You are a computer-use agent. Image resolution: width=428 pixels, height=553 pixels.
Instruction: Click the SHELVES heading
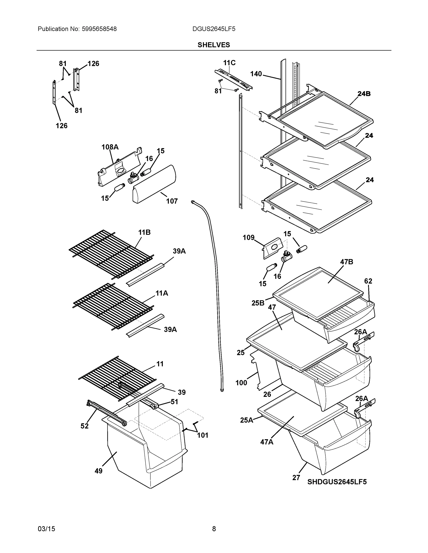pos(214,45)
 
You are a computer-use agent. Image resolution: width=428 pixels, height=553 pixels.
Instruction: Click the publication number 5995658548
pos(99,29)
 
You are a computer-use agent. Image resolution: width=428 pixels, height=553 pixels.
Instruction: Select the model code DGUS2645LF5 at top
pos(214,29)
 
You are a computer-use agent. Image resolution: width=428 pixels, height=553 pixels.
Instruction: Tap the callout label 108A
pos(110,147)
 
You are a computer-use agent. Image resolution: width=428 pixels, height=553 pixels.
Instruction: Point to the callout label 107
pos(172,201)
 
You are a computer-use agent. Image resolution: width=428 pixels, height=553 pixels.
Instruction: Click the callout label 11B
pos(144,232)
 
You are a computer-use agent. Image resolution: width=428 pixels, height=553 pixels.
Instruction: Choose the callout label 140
pos(256,74)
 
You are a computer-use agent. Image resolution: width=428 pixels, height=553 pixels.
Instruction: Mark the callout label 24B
pos(364,94)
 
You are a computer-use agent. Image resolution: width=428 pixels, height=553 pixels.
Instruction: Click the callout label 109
pos(248,238)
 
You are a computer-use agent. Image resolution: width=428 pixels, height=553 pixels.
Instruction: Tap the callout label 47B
pos(347,262)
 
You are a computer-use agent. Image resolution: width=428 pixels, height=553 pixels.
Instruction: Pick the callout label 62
pos(368,281)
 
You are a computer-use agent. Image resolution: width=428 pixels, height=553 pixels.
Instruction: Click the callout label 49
pos(98,471)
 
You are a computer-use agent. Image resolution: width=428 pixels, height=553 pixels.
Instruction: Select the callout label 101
pos(203,435)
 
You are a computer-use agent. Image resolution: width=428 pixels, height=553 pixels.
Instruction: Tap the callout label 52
pos(85,426)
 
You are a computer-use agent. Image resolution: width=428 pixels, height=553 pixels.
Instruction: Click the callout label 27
pos(296,478)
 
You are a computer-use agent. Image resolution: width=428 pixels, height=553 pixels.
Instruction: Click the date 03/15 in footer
pos(46,529)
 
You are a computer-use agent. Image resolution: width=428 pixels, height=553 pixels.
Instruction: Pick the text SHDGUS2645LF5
pos(337,482)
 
